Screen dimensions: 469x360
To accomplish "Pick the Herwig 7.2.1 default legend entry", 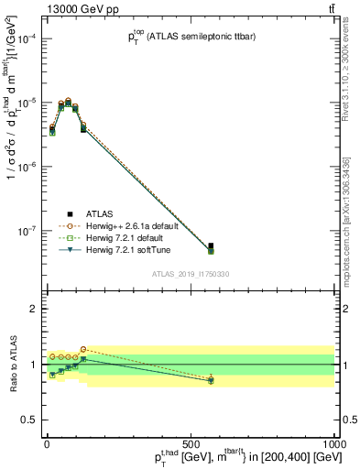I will pos(119,236).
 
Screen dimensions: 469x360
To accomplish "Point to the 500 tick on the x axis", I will pos(191,442).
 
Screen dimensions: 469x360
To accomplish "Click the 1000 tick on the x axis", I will pos(334,442).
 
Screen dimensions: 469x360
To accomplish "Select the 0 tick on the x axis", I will pos(47,442).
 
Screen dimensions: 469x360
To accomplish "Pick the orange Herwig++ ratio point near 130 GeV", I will pos(83,349).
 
